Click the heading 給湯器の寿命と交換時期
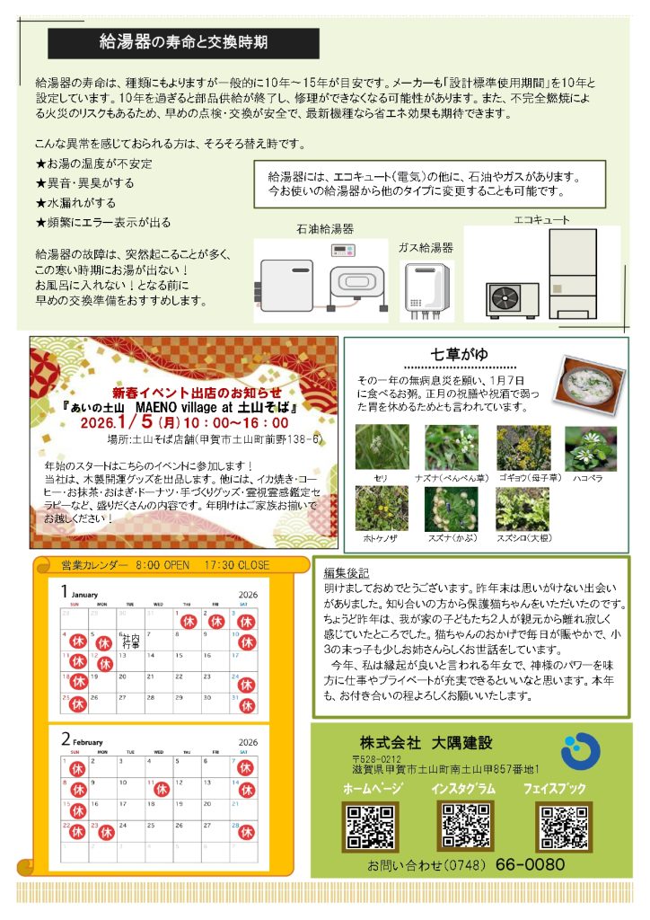click(x=183, y=42)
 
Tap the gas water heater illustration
click(x=426, y=291)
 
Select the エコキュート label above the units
click(x=541, y=218)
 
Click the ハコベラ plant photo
click(x=590, y=448)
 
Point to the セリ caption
click(x=382, y=478)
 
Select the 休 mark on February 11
click(x=162, y=789)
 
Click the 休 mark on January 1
click(x=189, y=621)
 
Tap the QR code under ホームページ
click(x=371, y=827)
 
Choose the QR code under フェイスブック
click(x=562, y=827)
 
